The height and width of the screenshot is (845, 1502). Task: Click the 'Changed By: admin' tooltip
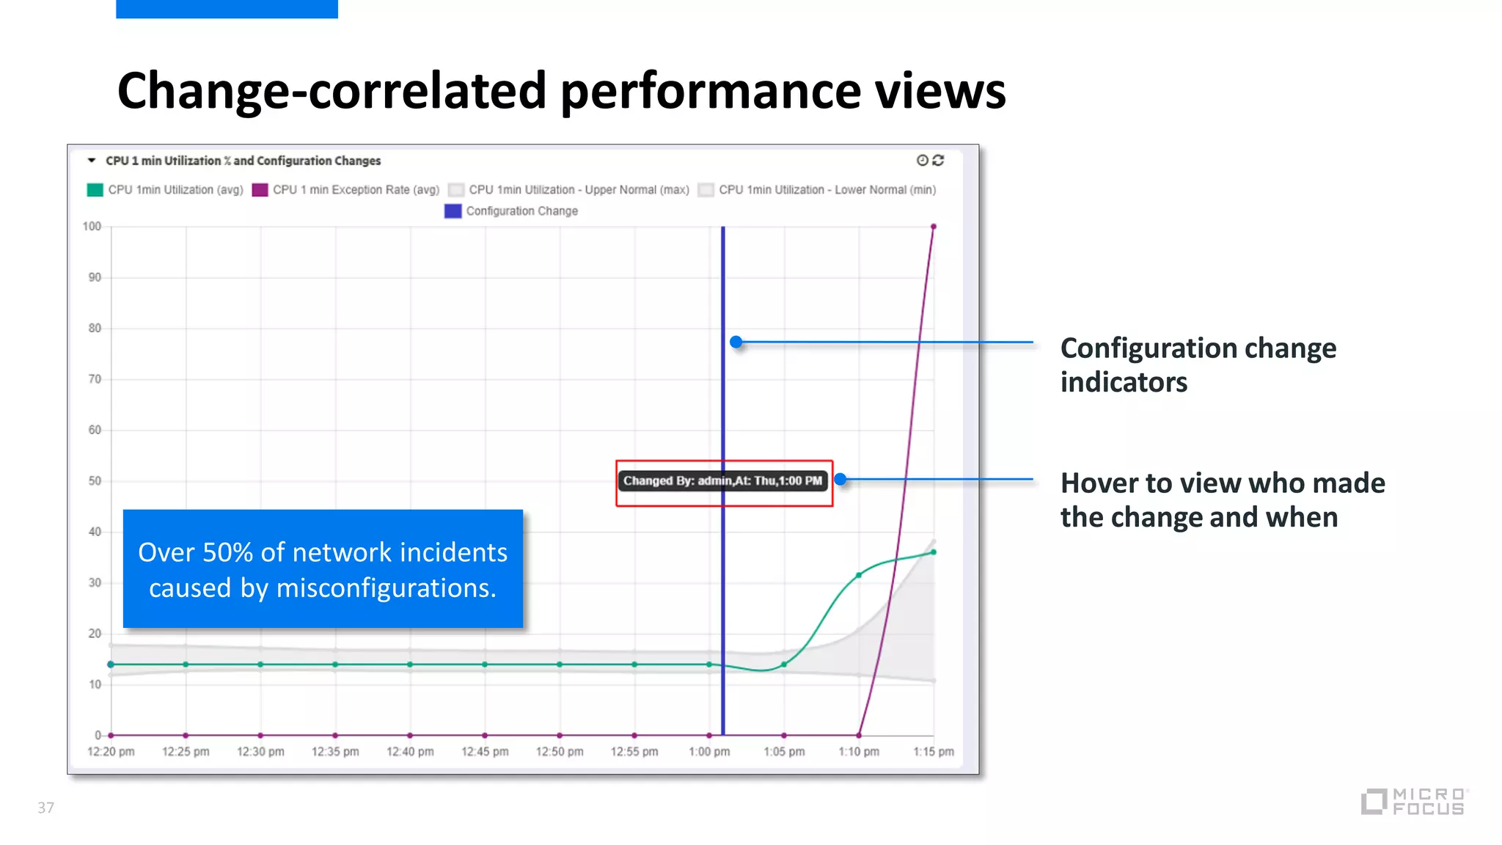(x=722, y=481)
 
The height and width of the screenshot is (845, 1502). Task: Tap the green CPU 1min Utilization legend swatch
(x=95, y=190)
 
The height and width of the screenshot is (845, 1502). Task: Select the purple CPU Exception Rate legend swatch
(x=260, y=190)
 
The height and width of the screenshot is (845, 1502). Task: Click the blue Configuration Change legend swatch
(x=453, y=211)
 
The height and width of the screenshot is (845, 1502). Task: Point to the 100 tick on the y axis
(x=92, y=227)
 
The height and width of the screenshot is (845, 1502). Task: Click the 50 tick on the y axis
(x=95, y=481)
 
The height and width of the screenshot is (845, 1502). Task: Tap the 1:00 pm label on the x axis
(x=709, y=752)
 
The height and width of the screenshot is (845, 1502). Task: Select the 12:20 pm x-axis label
(x=111, y=752)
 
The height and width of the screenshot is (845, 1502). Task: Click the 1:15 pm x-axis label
(x=933, y=752)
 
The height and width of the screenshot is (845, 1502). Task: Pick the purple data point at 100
(x=934, y=227)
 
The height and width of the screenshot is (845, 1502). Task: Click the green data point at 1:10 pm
(x=859, y=576)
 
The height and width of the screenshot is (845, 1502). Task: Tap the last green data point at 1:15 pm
(x=934, y=552)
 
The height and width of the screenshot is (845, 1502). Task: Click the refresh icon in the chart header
(x=938, y=160)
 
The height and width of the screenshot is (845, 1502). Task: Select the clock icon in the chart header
(x=923, y=160)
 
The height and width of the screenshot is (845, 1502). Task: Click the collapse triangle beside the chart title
(x=92, y=160)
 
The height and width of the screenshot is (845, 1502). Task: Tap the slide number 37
(x=45, y=808)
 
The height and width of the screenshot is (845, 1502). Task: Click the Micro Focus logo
(x=1414, y=802)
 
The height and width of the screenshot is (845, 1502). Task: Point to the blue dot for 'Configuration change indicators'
(x=736, y=342)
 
